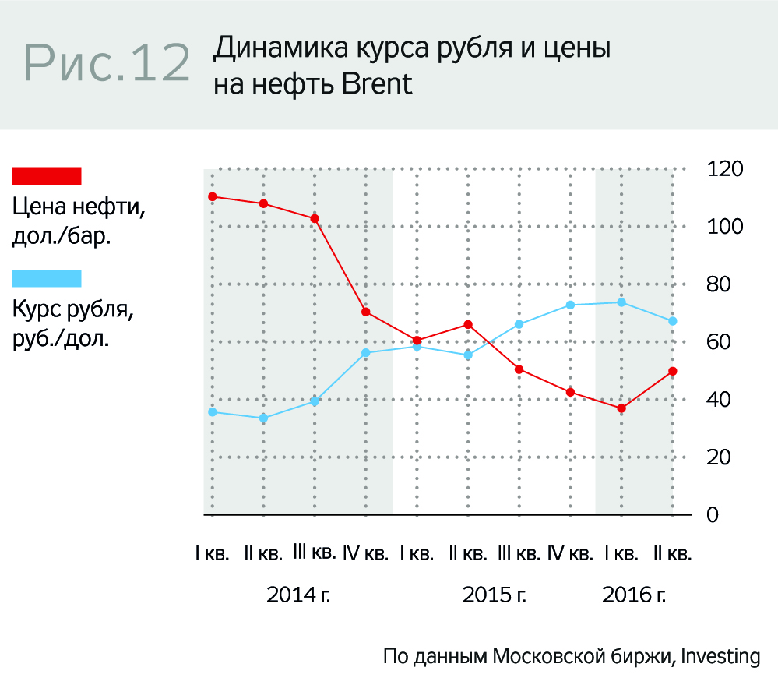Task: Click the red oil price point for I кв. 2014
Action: tap(212, 196)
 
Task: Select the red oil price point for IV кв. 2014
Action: tap(366, 312)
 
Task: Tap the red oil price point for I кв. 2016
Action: tap(621, 408)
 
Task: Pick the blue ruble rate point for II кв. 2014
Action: tap(263, 418)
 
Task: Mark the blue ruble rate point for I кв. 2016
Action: tap(621, 302)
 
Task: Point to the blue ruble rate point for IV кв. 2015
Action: tap(571, 305)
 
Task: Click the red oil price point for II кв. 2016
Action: tap(673, 371)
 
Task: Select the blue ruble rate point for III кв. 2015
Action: tap(519, 324)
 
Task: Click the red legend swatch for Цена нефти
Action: tap(47, 176)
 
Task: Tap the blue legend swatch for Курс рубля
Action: tap(47, 278)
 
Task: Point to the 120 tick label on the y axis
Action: tap(723, 169)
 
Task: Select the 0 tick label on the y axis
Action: tap(712, 515)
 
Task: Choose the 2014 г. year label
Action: tap(299, 595)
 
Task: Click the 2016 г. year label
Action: tap(635, 595)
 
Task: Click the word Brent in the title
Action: tap(376, 83)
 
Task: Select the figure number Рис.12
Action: tap(107, 63)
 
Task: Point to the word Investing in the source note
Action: tap(720, 656)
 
